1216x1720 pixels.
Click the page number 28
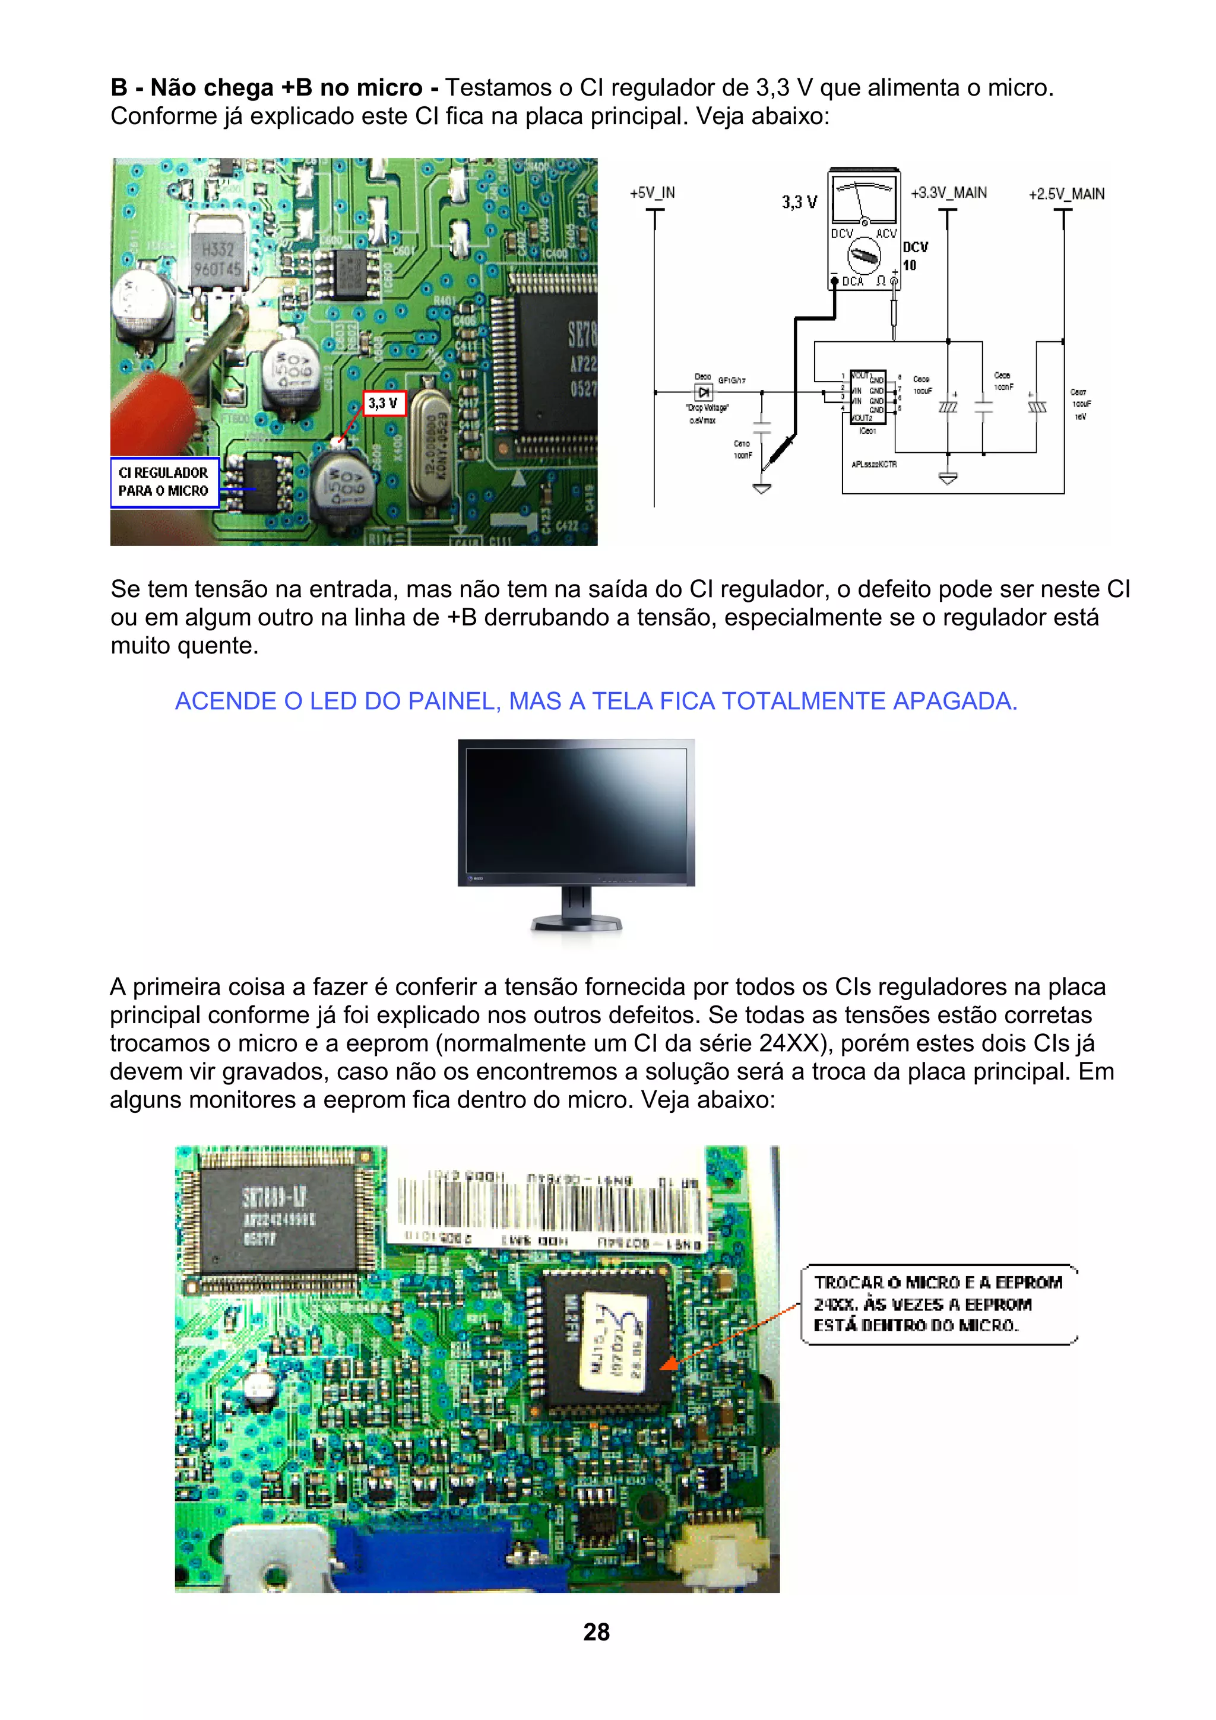596,1632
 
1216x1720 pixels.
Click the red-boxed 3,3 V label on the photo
384,404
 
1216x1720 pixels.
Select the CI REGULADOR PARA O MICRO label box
164,482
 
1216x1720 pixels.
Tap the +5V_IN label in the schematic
652,193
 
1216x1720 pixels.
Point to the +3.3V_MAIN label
949,193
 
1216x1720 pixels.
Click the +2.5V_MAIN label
1066,195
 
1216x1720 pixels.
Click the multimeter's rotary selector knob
863,256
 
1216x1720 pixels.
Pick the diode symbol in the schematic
704,392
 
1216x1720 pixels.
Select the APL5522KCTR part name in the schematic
873,465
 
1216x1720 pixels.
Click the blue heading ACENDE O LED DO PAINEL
596,701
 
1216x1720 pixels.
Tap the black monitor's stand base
576,923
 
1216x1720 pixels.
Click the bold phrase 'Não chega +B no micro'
286,88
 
